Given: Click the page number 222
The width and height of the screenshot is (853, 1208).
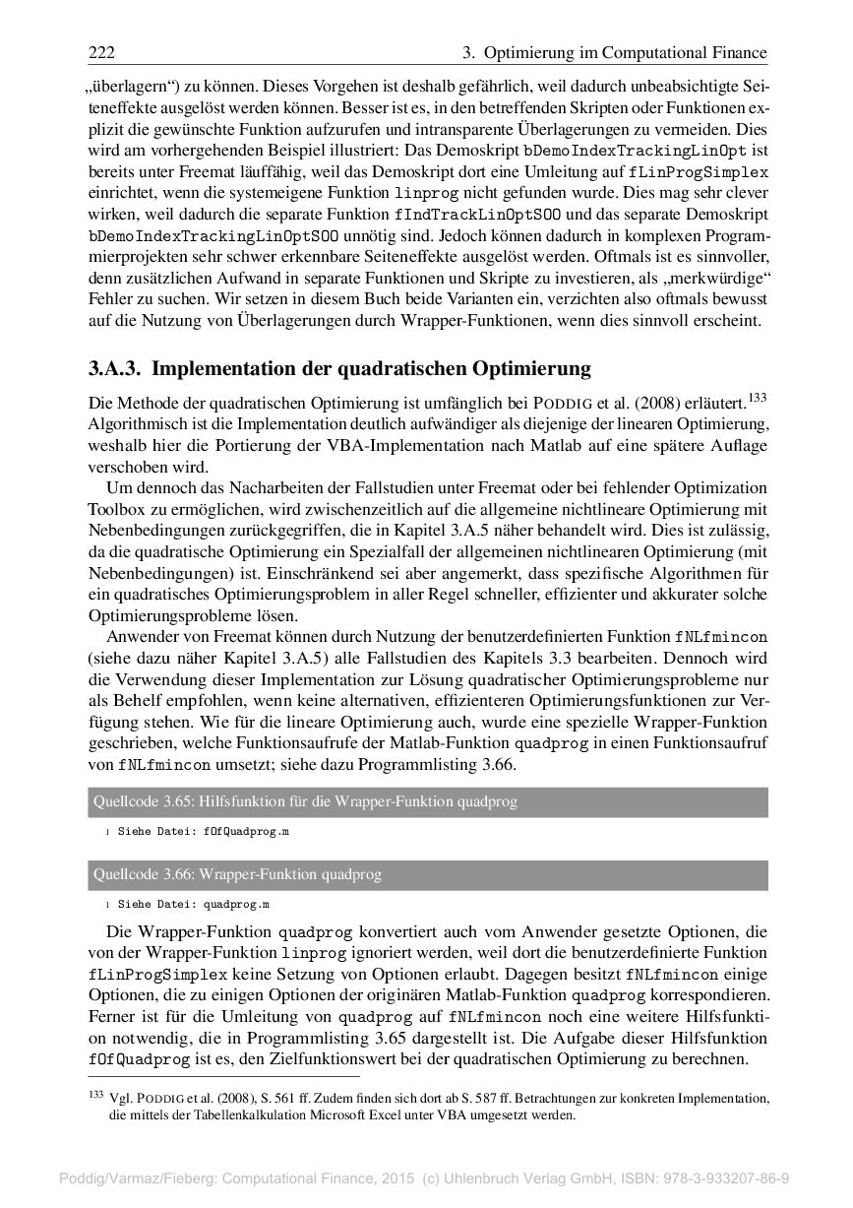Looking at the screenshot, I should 101,52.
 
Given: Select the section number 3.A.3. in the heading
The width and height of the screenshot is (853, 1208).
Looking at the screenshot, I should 117,369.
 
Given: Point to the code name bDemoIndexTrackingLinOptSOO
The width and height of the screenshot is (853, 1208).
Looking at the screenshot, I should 214,236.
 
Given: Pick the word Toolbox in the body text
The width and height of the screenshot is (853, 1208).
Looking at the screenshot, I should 117,509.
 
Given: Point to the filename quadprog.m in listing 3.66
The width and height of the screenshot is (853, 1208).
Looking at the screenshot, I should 236,903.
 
